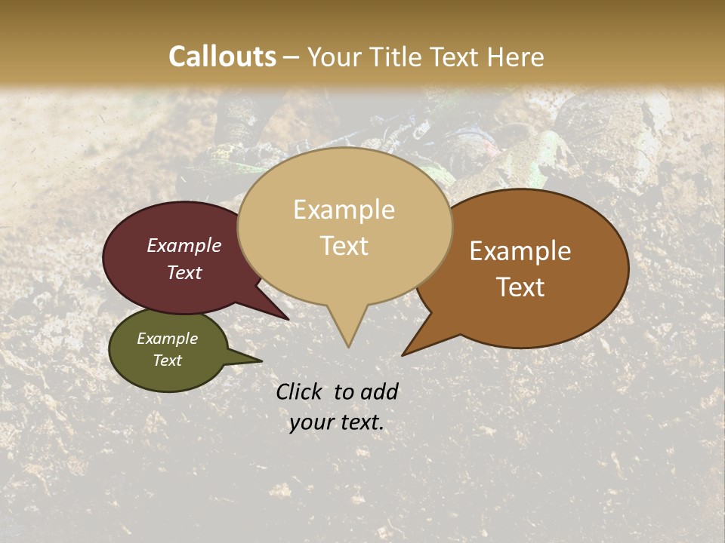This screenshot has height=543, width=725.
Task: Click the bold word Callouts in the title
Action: coord(222,57)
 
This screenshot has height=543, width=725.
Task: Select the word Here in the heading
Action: coord(516,57)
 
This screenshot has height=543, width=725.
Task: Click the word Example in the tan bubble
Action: coord(344,210)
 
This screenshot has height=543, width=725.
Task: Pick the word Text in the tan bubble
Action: coord(344,246)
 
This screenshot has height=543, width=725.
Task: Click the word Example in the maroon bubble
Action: coord(184,245)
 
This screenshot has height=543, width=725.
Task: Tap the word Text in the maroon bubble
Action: coord(184,272)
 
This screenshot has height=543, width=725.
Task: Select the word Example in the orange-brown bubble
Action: coord(520,251)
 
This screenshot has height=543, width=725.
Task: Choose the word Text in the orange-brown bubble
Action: coord(521,287)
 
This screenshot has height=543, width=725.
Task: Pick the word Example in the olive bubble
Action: coord(168,339)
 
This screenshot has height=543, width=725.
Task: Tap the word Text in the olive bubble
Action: coord(168,360)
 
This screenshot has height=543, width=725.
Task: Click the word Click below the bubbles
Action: coord(301,391)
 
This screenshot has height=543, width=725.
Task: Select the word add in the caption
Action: coord(380,391)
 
